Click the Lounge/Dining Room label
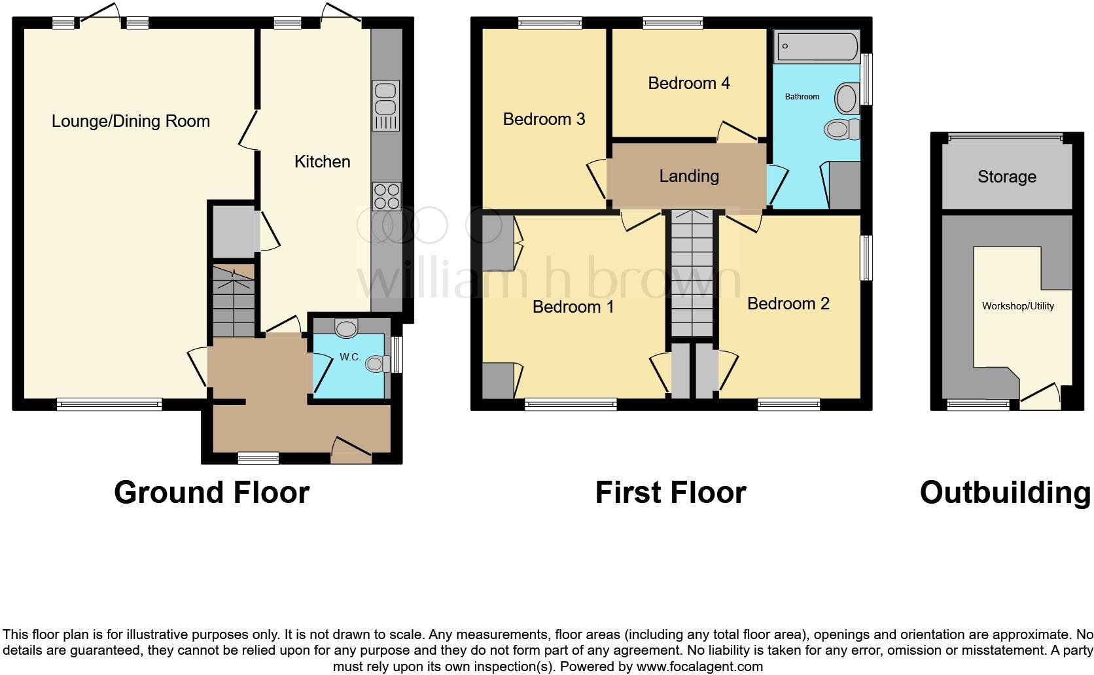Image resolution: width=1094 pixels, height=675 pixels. tap(131, 121)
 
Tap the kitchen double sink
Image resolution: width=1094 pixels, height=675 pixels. tap(385, 97)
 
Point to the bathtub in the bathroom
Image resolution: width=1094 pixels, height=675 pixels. tap(815, 46)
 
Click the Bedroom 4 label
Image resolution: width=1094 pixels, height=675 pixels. tap(688, 83)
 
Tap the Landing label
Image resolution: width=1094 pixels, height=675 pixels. tap(688, 176)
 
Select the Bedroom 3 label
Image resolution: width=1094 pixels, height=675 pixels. tap(544, 119)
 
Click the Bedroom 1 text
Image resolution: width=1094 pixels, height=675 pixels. tap(573, 307)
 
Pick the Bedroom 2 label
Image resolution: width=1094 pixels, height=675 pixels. tap(788, 303)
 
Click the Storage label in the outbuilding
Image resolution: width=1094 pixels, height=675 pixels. tap(1006, 177)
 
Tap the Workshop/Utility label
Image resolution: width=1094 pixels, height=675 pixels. tap(1017, 306)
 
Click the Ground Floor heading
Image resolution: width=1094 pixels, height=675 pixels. tap(211, 493)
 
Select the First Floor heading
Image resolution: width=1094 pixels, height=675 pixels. tap(670, 493)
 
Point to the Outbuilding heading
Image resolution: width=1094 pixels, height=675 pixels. tap(1005, 493)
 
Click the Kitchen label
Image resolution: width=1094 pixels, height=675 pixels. tap(322, 162)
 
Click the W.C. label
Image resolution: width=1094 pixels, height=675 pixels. tap(350, 357)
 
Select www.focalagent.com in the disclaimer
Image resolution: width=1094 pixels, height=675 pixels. tap(699, 667)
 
